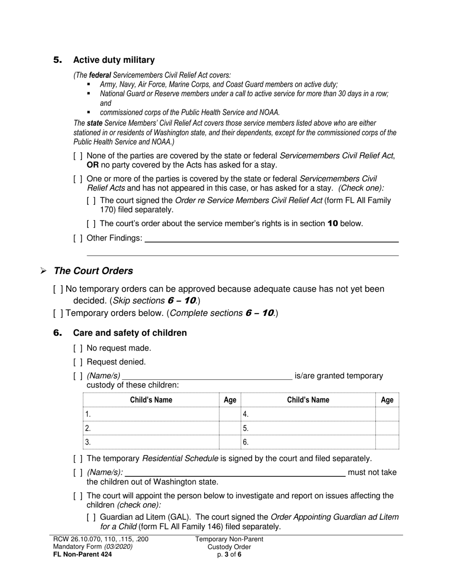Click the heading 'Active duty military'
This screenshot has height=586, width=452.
click(114, 60)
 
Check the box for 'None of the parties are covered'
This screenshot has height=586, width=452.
click(78, 156)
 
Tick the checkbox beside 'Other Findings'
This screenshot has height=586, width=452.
click(78, 238)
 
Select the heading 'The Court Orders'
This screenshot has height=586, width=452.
click(93, 271)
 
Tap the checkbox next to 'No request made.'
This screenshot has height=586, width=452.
click(78, 348)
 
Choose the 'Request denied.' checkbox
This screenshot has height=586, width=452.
click(78, 362)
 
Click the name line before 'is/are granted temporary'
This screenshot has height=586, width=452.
click(207, 376)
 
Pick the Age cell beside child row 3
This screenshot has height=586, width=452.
click(230, 442)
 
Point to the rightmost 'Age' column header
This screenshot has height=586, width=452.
click(387, 400)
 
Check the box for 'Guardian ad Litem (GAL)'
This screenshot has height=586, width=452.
click(91, 517)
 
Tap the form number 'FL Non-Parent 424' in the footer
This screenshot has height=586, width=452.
click(83, 555)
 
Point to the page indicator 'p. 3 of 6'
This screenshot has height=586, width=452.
click(229, 555)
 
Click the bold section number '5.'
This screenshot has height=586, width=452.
click(58, 60)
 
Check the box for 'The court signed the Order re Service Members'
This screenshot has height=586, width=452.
click(91, 201)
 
